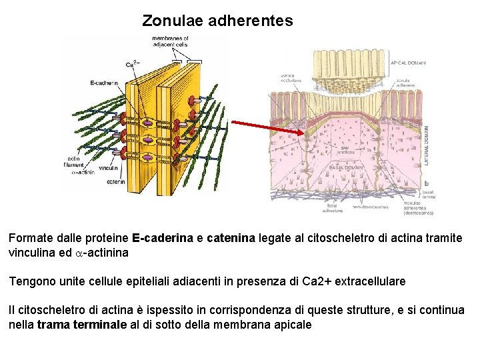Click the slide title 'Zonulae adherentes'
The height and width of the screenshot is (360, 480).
point(217,21)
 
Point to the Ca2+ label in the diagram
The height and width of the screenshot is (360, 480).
point(132,64)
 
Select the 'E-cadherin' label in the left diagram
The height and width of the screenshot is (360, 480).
point(104,83)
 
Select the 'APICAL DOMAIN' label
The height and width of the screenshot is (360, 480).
point(409,63)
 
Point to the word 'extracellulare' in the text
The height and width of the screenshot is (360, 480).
point(372,281)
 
